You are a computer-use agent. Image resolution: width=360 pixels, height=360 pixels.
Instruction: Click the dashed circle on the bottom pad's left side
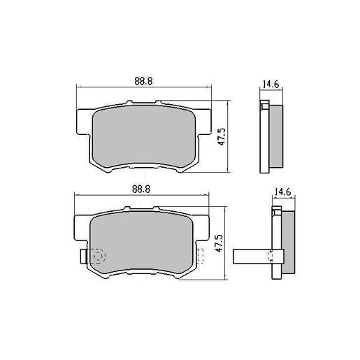point(96,257)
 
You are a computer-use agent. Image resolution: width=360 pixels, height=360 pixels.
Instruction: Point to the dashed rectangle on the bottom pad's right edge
point(201,256)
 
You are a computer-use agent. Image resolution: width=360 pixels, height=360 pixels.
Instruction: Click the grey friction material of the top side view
point(274,136)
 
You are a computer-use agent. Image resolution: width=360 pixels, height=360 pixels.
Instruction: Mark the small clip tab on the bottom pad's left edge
point(83,257)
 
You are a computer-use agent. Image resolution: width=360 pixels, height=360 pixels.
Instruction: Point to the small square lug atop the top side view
point(264,106)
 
